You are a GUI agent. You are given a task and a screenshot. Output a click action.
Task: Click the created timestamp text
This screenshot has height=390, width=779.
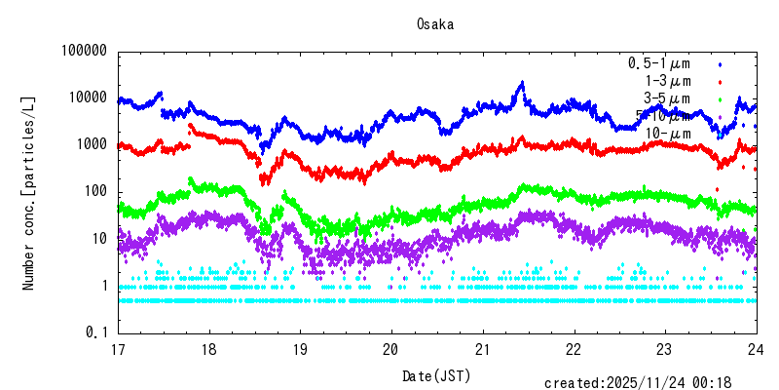point(649,383)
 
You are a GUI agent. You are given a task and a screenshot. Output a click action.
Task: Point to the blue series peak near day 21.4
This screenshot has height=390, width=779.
point(522,83)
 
